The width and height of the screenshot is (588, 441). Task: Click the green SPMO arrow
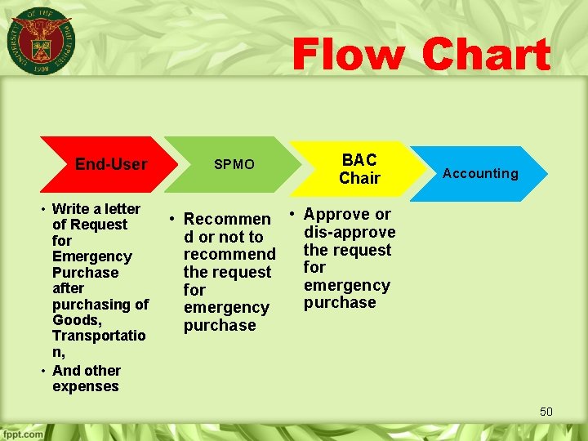tap(233, 164)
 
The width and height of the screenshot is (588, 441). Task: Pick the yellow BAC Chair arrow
tap(359, 168)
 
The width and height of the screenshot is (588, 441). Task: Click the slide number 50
tap(546, 412)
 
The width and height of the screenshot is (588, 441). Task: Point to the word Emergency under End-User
tap(91, 256)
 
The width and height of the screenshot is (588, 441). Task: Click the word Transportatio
tap(99, 336)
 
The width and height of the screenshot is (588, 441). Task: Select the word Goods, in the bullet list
tap(76, 320)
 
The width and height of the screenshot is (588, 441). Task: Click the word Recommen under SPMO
tap(226, 219)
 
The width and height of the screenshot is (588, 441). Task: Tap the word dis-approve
tap(350, 232)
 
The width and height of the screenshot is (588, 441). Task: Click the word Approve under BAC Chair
tap(337, 214)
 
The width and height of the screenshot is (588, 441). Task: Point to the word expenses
tap(85, 386)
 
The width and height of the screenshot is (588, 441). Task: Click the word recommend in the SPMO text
tap(229, 255)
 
